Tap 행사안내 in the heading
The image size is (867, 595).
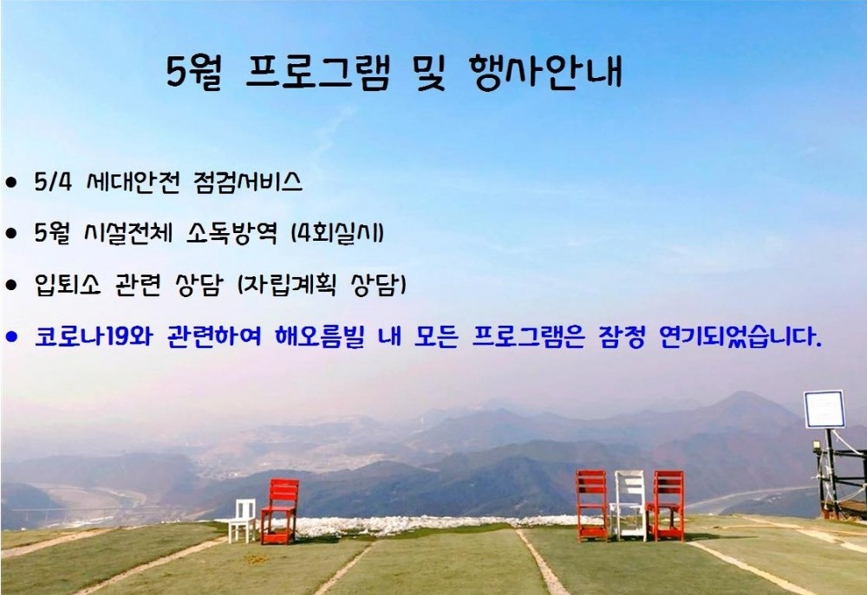(x=545, y=72)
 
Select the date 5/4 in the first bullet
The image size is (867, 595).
(x=53, y=182)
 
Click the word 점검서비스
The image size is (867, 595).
(x=248, y=182)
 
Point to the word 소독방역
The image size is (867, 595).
(x=231, y=233)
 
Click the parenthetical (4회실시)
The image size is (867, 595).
(x=337, y=233)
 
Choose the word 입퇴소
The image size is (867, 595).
(x=68, y=284)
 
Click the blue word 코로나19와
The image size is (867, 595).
(x=94, y=336)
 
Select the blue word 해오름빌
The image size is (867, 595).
(x=320, y=336)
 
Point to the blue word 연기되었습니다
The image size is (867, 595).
(x=740, y=336)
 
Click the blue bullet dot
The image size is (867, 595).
(x=11, y=336)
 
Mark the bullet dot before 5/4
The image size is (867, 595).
(x=11, y=183)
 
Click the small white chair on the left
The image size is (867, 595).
(x=242, y=520)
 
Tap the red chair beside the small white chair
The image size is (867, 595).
(x=280, y=511)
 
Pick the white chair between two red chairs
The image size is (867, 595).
(x=629, y=505)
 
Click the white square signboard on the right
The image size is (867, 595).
(x=824, y=409)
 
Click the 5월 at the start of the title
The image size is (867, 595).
(x=193, y=73)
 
